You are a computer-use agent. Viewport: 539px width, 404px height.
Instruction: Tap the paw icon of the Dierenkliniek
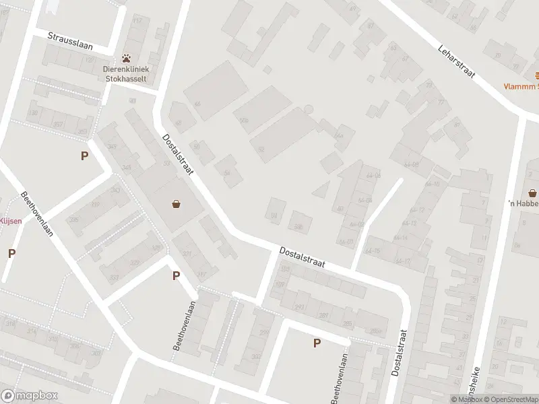tap(126, 59)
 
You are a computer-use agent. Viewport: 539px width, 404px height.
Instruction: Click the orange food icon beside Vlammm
tap(536, 75)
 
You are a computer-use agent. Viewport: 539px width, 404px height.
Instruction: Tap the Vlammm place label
tap(523, 86)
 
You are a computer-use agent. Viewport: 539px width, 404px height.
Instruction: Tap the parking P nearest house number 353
tap(85, 156)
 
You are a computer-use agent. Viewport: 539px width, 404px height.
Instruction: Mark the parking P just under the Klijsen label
tap(11, 253)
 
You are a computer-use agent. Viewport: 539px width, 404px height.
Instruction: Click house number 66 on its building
tap(197, 104)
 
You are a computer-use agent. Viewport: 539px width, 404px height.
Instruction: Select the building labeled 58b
tap(298, 227)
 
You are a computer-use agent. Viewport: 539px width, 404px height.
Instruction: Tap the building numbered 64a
tap(339, 135)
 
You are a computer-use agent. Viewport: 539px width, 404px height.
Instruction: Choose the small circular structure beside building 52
tap(309, 109)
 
